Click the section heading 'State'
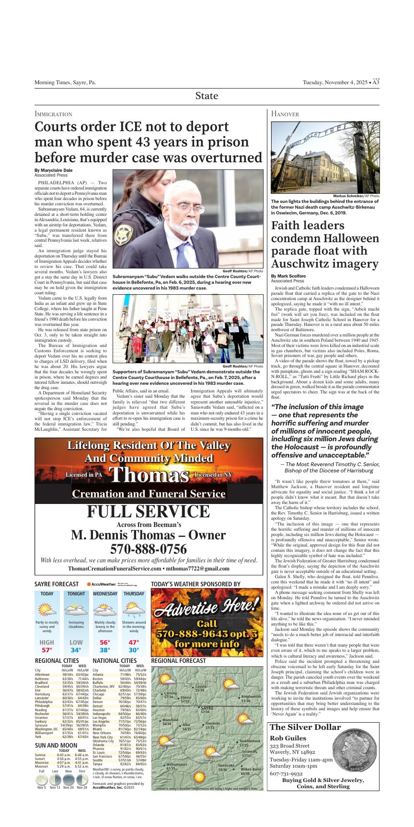point(207,96)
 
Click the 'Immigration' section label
point(53,114)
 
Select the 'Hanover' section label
point(285,114)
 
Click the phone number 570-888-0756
point(149,548)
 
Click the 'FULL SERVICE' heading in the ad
point(149,512)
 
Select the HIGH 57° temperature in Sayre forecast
point(47,646)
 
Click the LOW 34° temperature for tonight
point(76,646)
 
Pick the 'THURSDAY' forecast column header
point(134,593)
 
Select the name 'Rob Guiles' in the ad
point(288,738)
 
